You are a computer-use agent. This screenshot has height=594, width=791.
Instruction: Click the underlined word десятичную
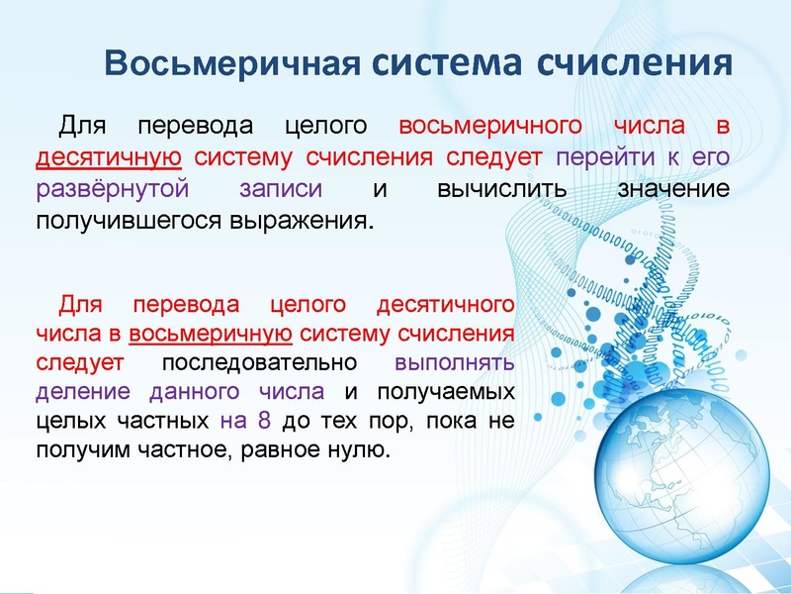[x=108, y=157]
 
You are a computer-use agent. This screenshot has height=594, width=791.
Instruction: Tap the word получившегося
[x=139, y=217]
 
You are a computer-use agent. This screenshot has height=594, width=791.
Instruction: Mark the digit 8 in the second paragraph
[x=263, y=420]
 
